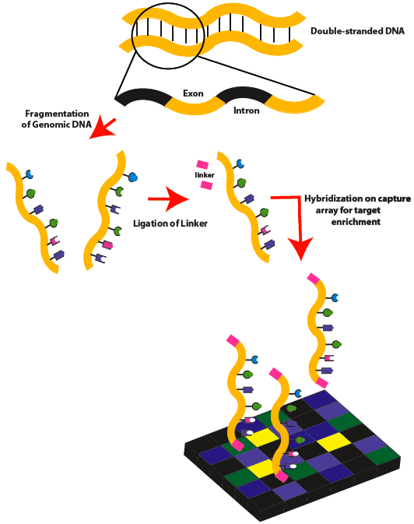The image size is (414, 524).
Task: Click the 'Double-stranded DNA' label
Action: coord(352,31)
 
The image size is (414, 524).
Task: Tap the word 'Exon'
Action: coord(193,93)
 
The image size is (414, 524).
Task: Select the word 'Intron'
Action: coord(247,111)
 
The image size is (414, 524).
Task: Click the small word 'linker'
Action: coord(204,175)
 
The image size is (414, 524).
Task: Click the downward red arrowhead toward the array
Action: coord(299,249)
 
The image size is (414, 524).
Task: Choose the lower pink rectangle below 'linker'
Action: coord(206,185)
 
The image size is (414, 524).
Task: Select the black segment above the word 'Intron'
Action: coord(241,96)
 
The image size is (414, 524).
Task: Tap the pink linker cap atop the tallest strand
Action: coord(314,278)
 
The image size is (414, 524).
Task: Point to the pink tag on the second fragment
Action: coord(107,244)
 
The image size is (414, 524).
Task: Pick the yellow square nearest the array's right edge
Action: coord(331,441)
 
